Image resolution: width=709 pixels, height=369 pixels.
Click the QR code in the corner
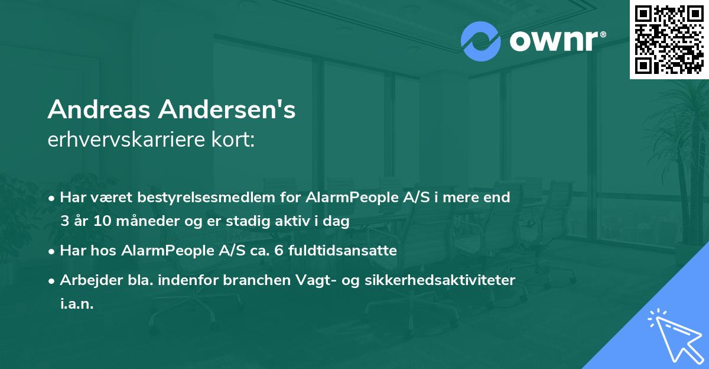[669, 39]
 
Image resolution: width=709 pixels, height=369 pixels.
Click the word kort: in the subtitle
[235, 140]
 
